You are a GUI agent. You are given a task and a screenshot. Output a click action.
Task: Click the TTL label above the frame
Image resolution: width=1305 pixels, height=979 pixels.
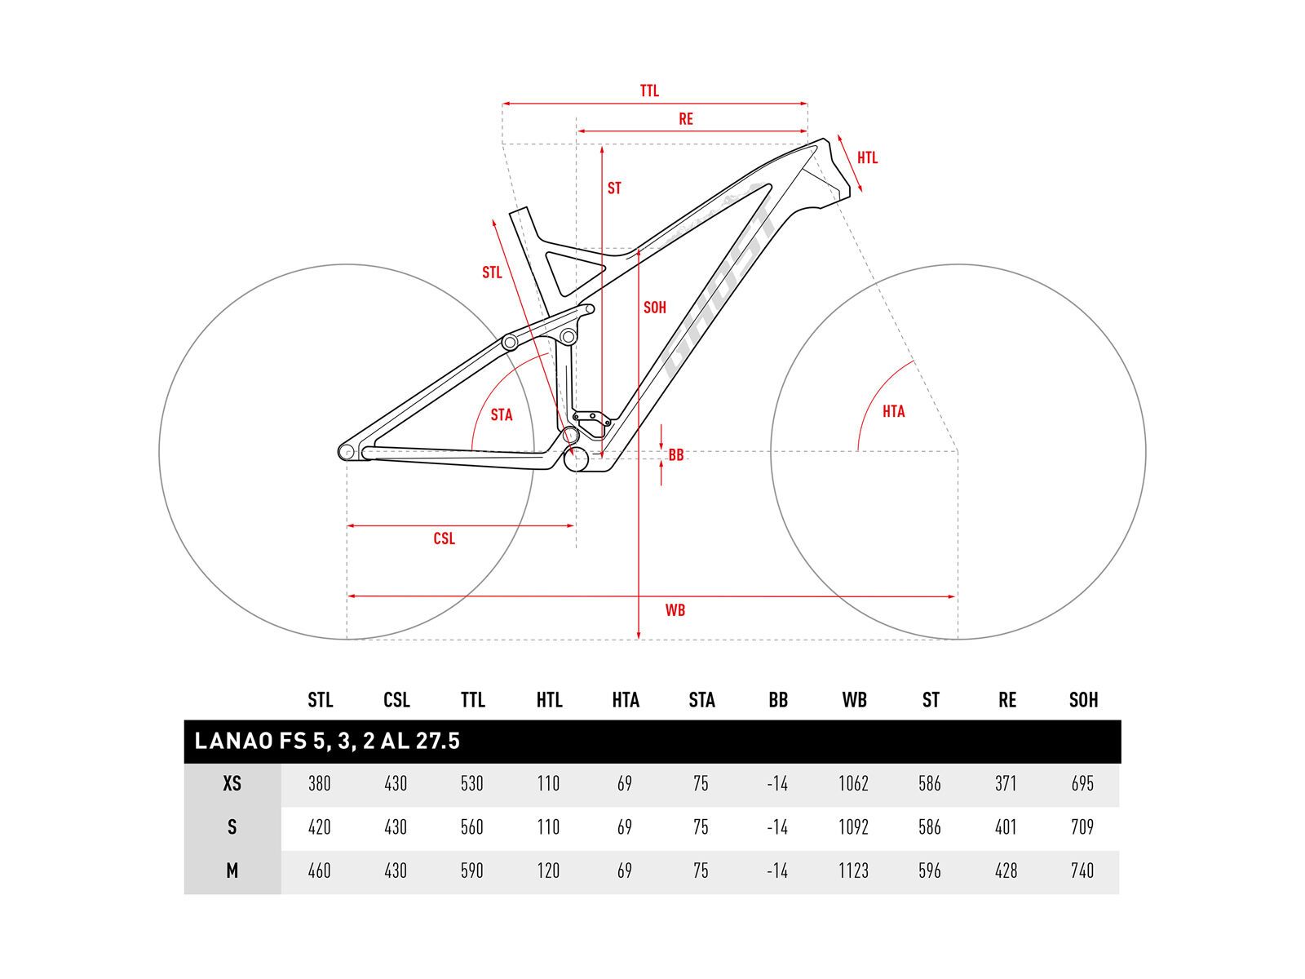pos(649,91)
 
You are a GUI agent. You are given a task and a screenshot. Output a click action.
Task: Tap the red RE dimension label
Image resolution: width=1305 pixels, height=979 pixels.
pos(686,119)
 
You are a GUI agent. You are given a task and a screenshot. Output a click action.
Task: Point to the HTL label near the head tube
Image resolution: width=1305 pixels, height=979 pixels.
pos(867,157)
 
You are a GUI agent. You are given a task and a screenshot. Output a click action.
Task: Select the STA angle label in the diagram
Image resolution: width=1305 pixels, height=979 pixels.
pos(502,415)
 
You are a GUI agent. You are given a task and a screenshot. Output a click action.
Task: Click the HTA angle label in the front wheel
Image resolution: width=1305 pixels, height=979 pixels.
pos(894,412)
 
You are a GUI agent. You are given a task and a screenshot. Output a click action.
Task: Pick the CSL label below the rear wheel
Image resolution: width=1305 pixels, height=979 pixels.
pos(445,538)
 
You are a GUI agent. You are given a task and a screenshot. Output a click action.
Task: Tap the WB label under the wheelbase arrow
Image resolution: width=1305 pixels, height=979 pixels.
pos(675,610)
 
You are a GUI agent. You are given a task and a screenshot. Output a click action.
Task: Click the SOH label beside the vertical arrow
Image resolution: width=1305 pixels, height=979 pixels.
pos(655,308)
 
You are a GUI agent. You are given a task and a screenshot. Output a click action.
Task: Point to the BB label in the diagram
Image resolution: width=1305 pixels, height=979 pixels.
pos(676,455)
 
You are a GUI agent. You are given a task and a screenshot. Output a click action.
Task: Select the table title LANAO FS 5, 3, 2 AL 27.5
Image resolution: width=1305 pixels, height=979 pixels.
pos(328,741)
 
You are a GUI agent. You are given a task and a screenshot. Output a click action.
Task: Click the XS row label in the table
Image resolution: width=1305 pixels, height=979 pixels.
pos(232,784)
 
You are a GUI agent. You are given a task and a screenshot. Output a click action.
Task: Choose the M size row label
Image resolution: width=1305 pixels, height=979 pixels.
pos(232,871)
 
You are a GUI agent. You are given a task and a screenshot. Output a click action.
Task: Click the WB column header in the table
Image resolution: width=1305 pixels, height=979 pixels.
pos(854,700)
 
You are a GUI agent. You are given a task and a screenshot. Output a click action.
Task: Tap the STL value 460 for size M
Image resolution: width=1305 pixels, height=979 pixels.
pos(320,871)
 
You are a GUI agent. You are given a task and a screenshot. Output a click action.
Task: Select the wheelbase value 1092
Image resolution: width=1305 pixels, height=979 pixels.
pos(854,827)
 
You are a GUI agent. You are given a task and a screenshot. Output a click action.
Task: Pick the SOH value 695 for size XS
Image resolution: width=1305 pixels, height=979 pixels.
pos(1082,784)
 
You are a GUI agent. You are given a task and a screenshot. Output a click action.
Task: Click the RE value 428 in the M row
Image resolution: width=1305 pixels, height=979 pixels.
pos(1006,871)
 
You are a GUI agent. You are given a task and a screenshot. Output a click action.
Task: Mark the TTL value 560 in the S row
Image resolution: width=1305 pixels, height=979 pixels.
pos(472,827)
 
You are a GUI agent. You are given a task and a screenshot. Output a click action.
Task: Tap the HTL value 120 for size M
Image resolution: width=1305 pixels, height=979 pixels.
pos(548,871)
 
